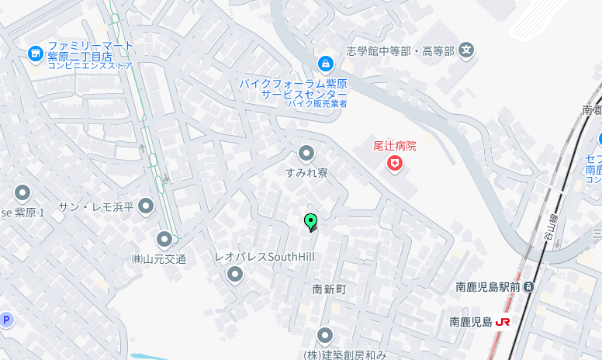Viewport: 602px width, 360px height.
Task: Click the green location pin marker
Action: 311,222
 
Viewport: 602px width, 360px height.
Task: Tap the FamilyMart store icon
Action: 35,54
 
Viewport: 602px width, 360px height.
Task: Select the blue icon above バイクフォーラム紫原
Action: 326,63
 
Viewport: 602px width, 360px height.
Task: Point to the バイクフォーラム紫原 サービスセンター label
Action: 292,88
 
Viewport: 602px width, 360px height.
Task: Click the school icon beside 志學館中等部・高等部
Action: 466,51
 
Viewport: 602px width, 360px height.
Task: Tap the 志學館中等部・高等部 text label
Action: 400,51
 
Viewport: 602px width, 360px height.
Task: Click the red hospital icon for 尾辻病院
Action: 395,164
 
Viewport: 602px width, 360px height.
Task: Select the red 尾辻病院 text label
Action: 395,145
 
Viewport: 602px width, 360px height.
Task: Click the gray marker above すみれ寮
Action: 306,153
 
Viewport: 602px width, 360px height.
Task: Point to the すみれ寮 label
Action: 306,172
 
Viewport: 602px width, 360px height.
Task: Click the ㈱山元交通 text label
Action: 158,258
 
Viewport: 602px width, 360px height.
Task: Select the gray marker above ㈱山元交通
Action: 164,239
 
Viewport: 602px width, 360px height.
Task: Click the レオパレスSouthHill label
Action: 265,256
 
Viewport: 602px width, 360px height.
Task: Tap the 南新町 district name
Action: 329,289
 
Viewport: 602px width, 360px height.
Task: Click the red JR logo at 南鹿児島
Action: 503,321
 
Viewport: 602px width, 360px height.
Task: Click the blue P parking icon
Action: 6,320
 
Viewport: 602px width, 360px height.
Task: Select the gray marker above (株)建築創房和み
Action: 324,336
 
